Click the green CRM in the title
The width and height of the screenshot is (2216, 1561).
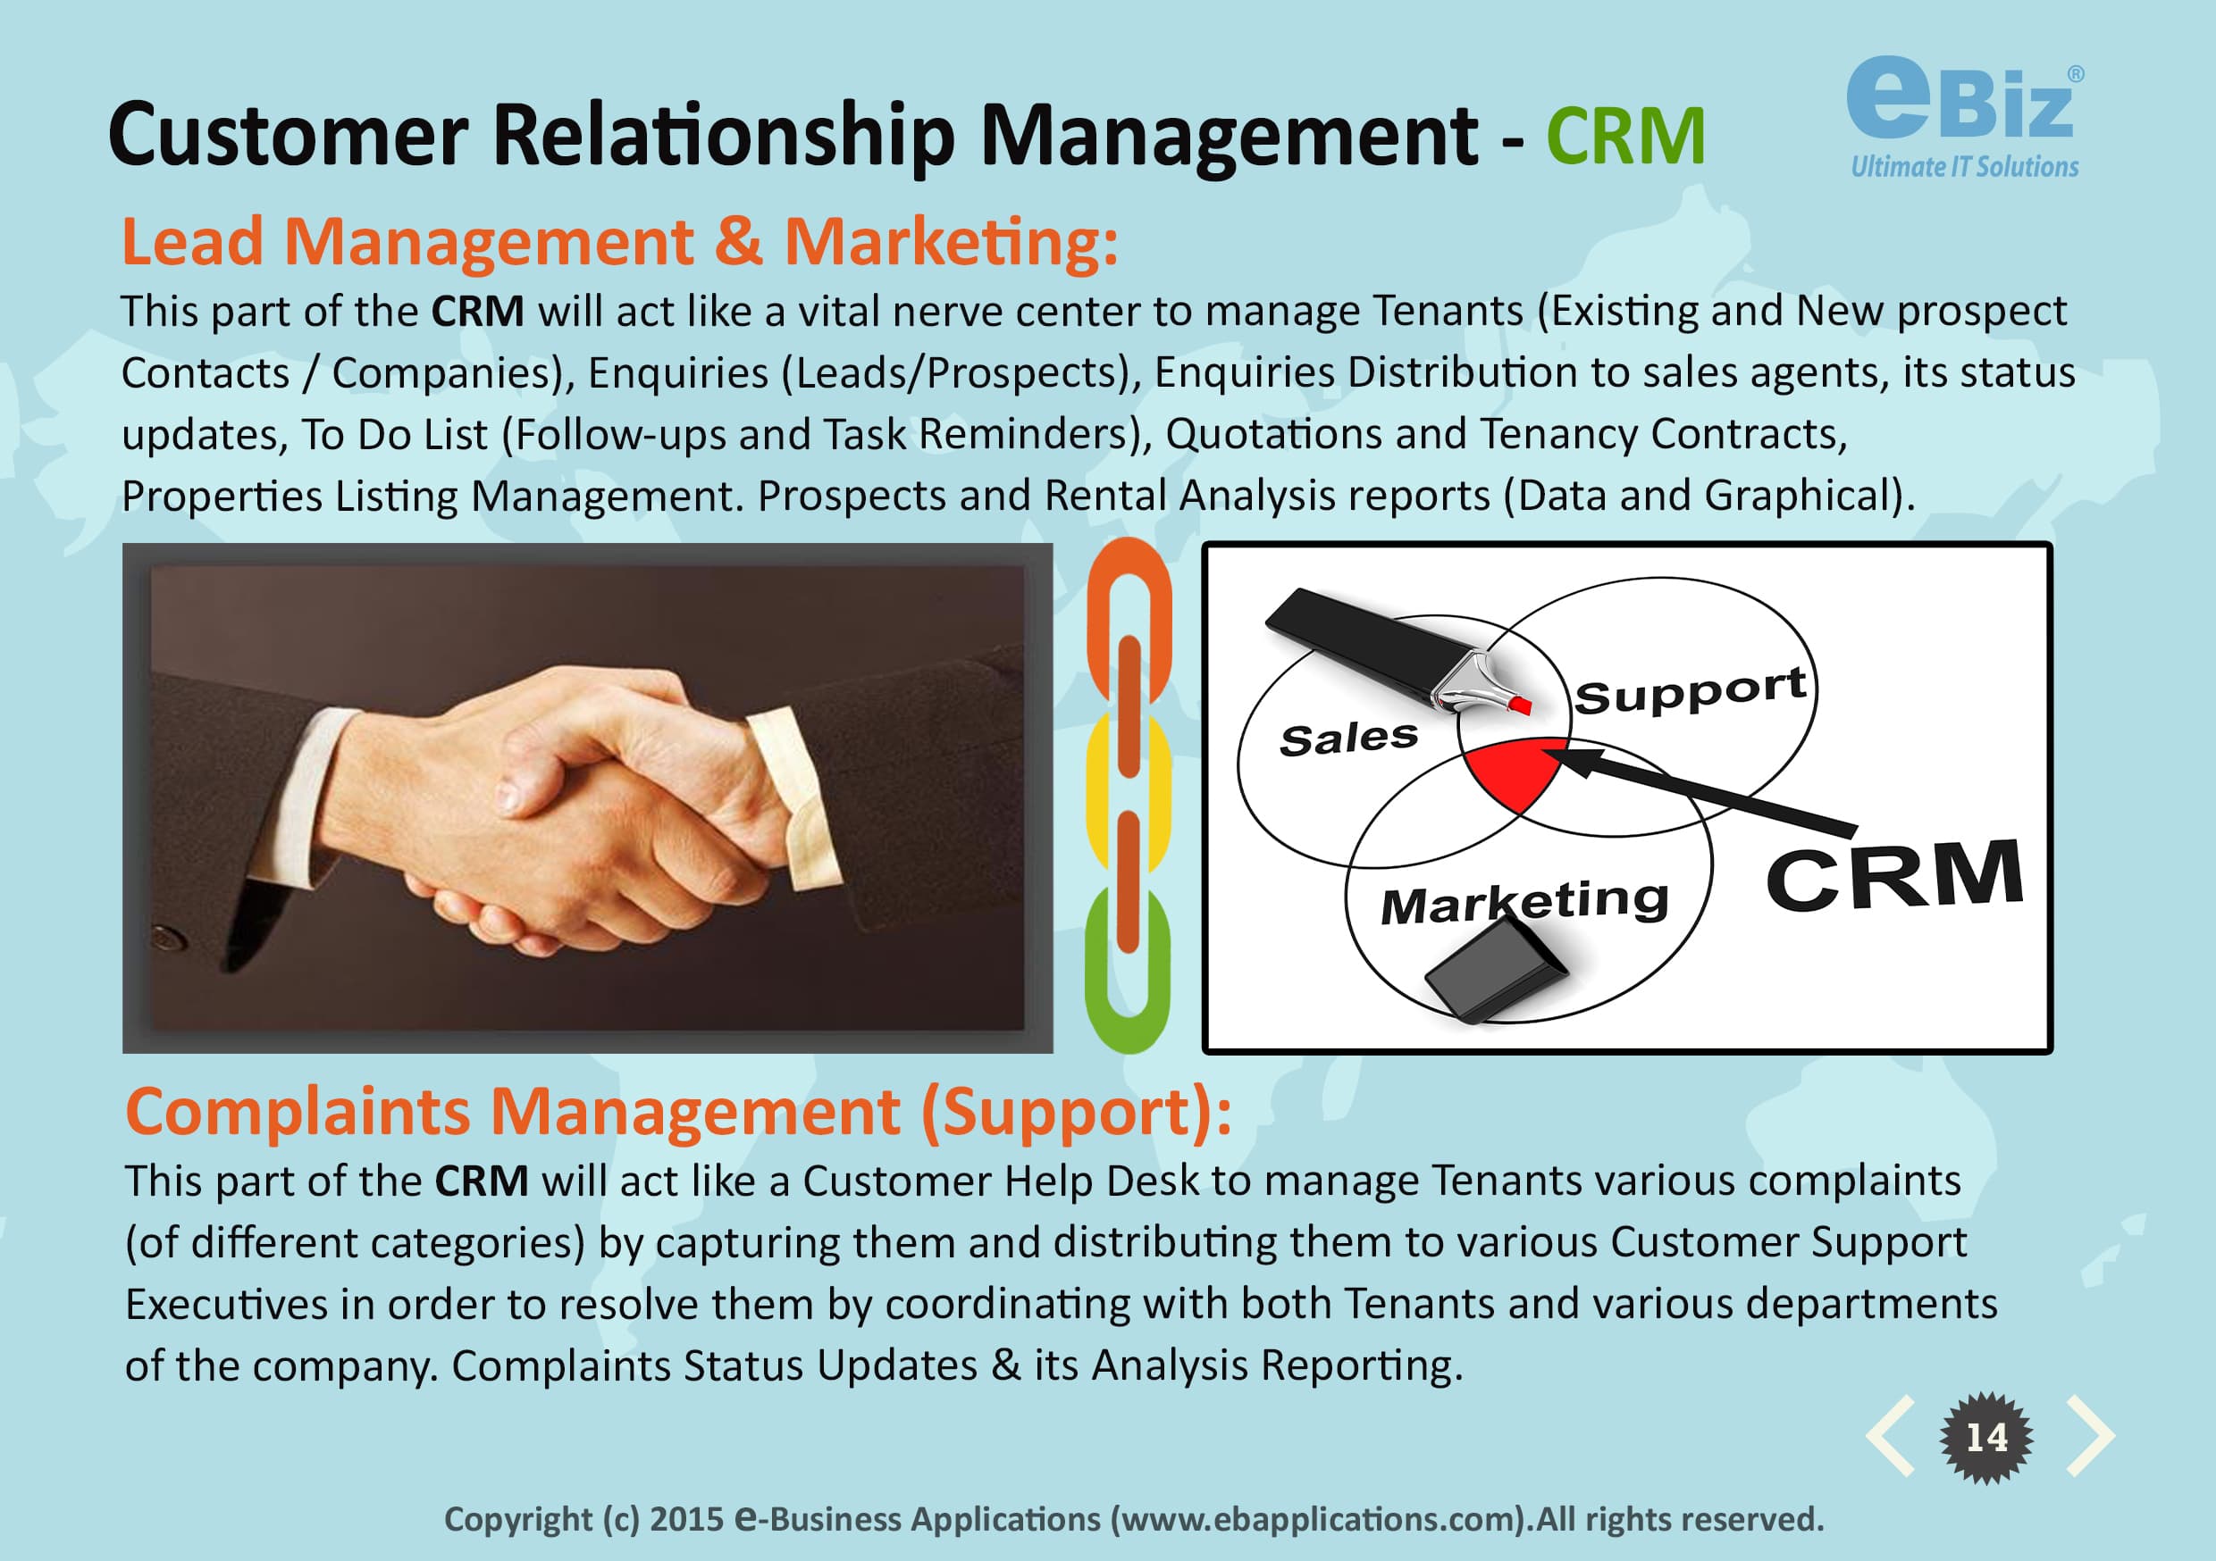tap(1625, 137)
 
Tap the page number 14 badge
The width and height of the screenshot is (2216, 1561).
tap(1986, 1438)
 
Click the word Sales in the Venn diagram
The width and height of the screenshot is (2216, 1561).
tap(1348, 739)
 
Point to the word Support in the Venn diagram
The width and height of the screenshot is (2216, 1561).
tap(1690, 691)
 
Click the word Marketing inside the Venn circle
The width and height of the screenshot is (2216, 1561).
tap(1524, 903)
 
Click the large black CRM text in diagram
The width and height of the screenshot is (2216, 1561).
tap(1893, 875)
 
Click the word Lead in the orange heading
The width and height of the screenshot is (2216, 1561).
tap(192, 241)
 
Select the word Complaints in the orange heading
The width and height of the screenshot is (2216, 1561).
tap(298, 1113)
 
